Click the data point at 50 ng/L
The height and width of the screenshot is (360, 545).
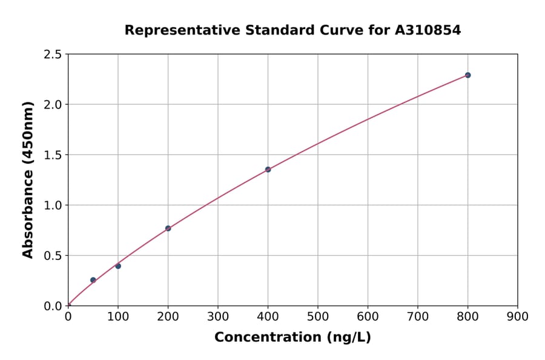(93, 280)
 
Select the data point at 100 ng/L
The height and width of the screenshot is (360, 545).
(118, 266)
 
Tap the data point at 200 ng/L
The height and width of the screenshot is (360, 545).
(168, 228)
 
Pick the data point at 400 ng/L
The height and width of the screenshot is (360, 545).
(268, 170)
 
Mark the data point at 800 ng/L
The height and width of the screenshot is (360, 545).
(467, 75)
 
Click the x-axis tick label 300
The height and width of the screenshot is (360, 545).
(218, 316)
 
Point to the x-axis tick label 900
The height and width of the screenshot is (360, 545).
(518, 316)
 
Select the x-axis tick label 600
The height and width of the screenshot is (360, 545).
(368, 316)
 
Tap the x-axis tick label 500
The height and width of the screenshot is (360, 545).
(318, 316)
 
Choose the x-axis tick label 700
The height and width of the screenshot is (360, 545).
(418, 316)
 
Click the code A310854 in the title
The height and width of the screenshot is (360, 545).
(428, 30)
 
